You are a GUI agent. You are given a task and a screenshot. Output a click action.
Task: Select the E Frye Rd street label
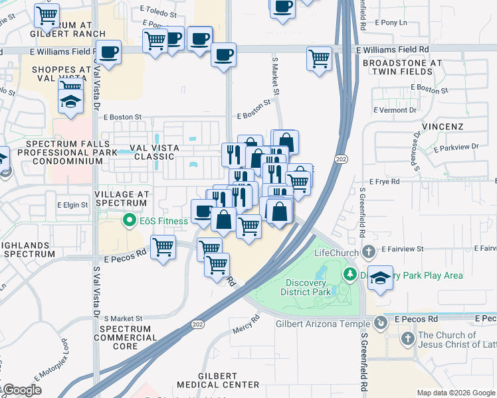click(x=385, y=181)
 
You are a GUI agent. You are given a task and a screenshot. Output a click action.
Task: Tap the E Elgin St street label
click(x=72, y=206)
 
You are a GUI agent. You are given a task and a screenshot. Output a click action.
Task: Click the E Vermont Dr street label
click(x=395, y=110)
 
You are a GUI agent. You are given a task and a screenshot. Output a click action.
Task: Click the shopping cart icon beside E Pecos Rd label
click(x=163, y=247)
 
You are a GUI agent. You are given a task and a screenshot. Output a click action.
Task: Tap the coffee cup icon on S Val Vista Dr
click(x=108, y=52)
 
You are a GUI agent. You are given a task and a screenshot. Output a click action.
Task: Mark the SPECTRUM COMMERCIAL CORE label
click(x=128, y=338)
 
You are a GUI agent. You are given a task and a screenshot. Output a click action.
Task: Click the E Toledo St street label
click(x=159, y=13)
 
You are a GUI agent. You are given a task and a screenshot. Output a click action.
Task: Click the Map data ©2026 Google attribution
click(x=456, y=393)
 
